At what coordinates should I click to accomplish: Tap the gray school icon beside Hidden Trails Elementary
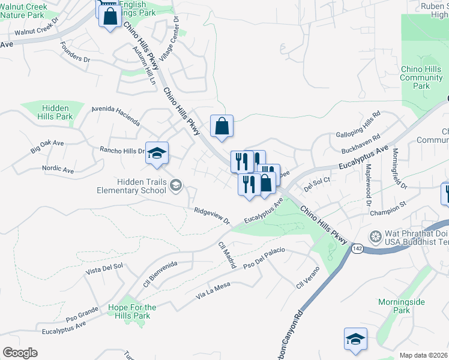(x=176, y=185)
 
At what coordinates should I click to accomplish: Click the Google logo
(x=20, y=352)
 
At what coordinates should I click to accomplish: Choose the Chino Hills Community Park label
(x=421, y=78)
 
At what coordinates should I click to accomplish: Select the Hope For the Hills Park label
(x=132, y=312)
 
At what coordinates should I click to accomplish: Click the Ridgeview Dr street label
(x=212, y=215)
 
